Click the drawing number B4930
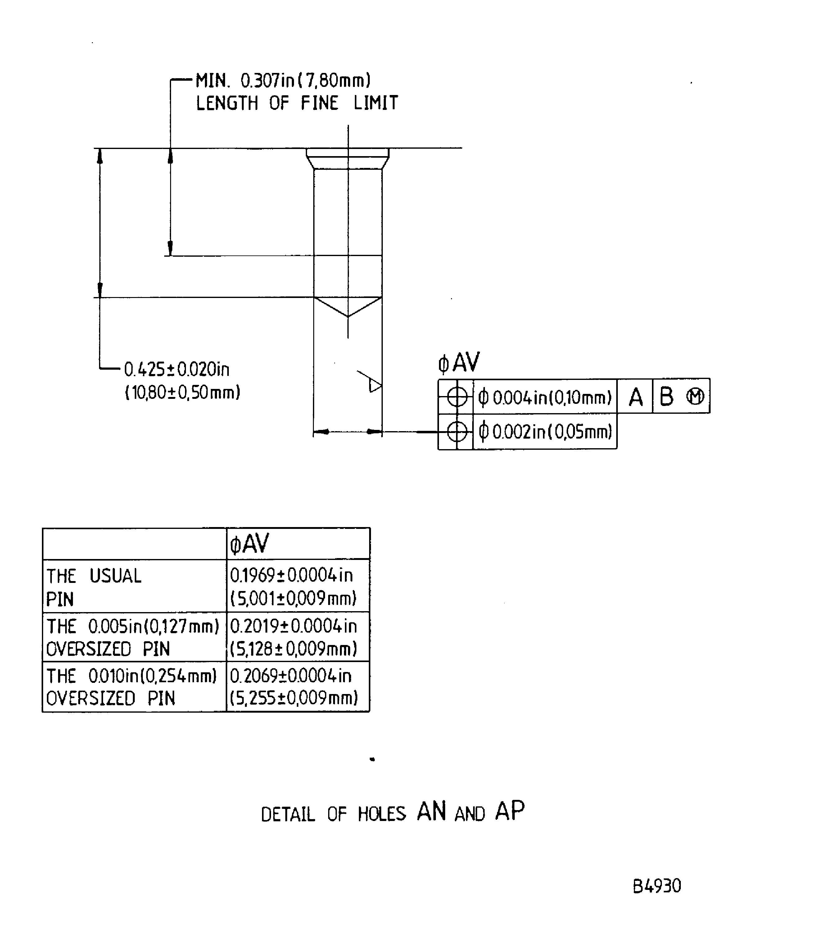[x=657, y=886]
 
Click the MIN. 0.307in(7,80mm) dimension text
[x=283, y=80]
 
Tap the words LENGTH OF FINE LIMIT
[x=297, y=103]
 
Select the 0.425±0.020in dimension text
[x=177, y=369]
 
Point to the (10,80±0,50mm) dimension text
[x=183, y=392]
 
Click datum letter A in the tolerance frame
[x=635, y=397]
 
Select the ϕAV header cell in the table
[x=298, y=543]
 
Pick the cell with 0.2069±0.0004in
[x=298, y=686]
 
